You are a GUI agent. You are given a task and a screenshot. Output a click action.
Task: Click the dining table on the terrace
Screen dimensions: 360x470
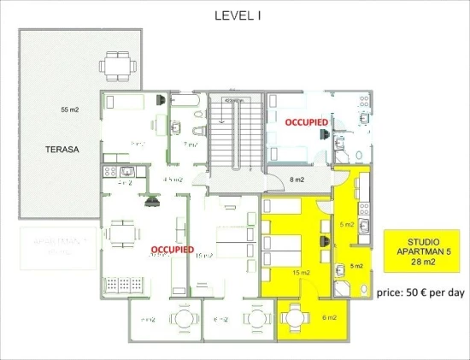(x=114, y=63)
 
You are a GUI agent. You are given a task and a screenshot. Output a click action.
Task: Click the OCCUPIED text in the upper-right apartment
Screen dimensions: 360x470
(x=306, y=122)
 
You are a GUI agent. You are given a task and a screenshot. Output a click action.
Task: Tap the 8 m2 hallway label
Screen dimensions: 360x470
(x=297, y=180)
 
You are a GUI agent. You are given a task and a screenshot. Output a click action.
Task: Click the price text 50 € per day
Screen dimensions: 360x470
(x=420, y=292)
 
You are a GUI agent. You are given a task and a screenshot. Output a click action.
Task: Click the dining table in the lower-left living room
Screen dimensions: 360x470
(x=123, y=232)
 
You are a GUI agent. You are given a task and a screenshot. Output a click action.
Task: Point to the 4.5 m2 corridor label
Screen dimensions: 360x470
(x=174, y=180)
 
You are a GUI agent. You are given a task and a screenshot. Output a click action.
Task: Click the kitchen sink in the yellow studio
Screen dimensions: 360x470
(x=363, y=227)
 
